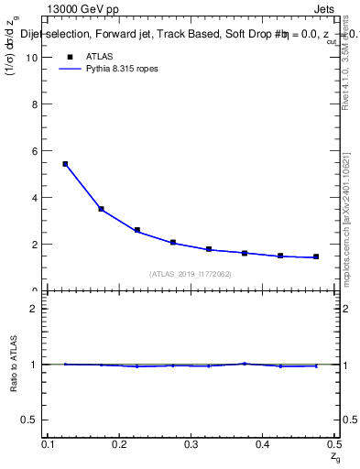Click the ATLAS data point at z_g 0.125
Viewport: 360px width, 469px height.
65,164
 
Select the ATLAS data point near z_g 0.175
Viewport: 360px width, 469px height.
101,209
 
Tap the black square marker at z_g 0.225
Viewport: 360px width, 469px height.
136,230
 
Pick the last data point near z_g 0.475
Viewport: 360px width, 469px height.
316,256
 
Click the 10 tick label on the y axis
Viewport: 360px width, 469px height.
33,57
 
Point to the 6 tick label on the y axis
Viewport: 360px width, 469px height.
36,150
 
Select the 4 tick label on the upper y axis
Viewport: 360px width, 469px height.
36,197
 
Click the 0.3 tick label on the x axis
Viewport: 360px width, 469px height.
191,445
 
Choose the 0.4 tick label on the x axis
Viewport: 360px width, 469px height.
262,445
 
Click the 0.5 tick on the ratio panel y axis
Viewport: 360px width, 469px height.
31,420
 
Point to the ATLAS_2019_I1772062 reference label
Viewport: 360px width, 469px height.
191,274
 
